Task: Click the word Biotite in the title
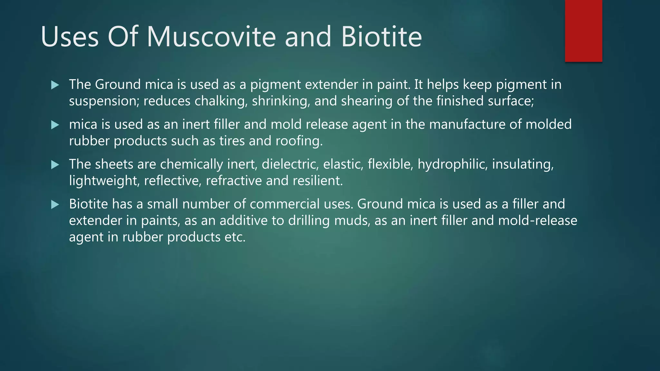(x=382, y=37)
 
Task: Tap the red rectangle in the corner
(x=583, y=31)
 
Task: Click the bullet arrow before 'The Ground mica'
(x=55, y=85)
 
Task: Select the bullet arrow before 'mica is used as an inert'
(x=55, y=125)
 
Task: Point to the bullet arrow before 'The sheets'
(x=55, y=165)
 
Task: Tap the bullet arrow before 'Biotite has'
(x=55, y=205)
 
